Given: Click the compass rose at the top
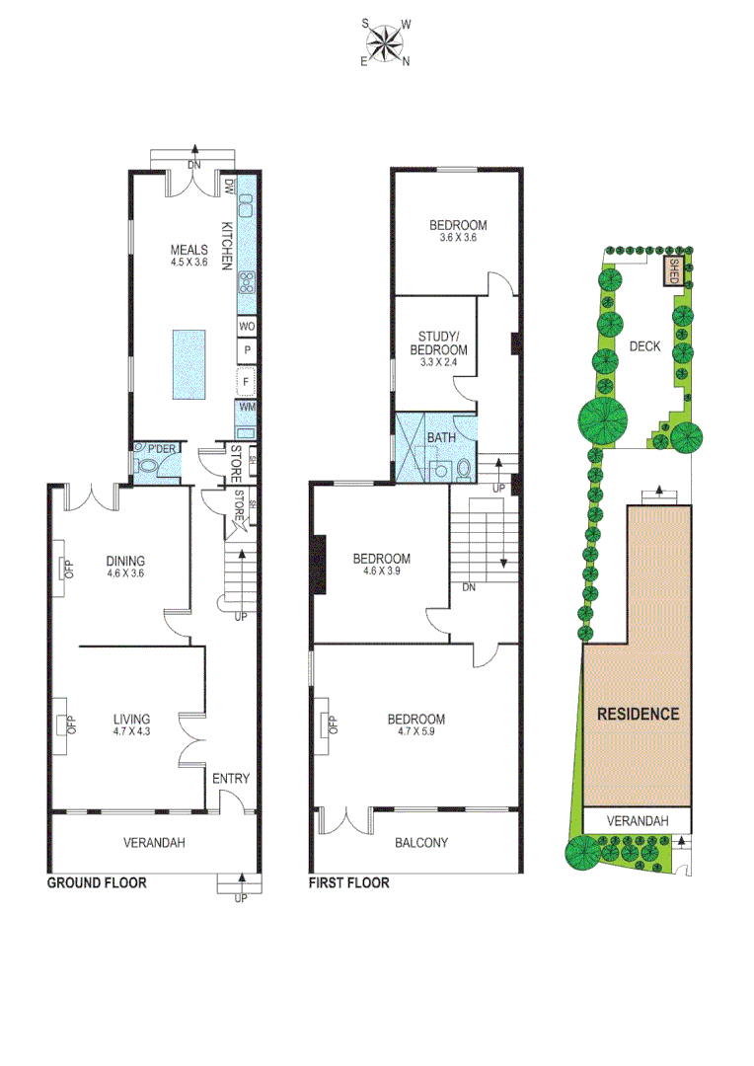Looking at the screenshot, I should [x=385, y=42].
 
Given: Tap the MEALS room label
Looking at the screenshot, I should [x=189, y=250].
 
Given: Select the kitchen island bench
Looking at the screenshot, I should [x=193, y=364].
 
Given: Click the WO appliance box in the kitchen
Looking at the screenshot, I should [x=247, y=326].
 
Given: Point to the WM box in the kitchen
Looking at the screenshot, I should [x=247, y=406].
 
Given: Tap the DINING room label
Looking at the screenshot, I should [x=126, y=560].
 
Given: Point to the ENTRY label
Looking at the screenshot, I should [x=231, y=779].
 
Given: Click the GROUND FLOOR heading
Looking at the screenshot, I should [x=97, y=883].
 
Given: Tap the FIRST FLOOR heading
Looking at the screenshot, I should [x=349, y=883].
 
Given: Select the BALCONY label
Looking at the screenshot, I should [x=421, y=843].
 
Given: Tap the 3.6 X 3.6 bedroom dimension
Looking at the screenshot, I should [x=457, y=237].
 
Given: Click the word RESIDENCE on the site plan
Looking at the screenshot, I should [x=637, y=714].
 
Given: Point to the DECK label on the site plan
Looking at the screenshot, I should [x=643, y=345].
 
